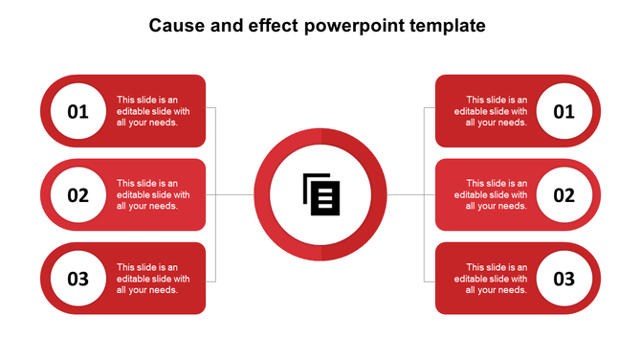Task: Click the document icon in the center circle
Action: (x=321, y=194)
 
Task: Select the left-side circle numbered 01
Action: (x=77, y=111)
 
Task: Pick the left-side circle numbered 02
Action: (x=77, y=195)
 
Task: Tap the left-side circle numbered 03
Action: (x=77, y=279)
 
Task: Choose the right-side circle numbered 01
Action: (x=564, y=111)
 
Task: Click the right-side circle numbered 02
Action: (x=564, y=195)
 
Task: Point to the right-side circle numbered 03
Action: (x=564, y=279)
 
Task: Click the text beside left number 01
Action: (x=153, y=111)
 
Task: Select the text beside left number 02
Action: (x=153, y=195)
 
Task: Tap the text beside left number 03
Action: (x=153, y=279)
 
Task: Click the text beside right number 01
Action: (x=497, y=111)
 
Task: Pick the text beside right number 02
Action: (x=497, y=195)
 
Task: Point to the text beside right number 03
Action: (x=497, y=279)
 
